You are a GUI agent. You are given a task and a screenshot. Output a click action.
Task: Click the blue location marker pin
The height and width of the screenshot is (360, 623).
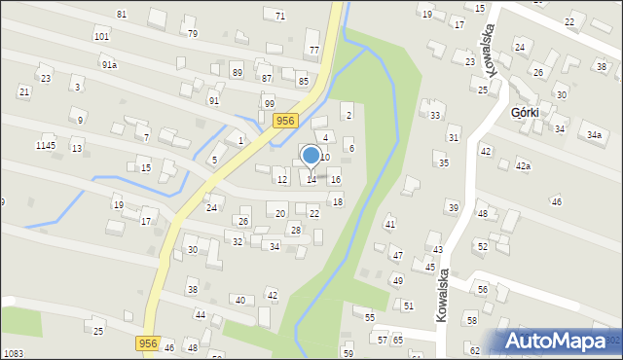pyautogui.click(x=311, y=156)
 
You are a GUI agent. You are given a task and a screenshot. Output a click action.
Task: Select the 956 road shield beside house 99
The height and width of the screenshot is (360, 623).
pyautogui.click(x=284, y=121)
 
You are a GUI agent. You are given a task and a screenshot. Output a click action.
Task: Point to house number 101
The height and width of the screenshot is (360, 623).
pyautogui.click(x=101, y=36)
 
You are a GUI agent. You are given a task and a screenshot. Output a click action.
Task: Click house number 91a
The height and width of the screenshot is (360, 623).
pyautogui.click(x=109, y=64)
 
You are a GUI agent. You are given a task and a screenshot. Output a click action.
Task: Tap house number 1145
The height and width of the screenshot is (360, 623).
pyautogui.click(x=46, y=145)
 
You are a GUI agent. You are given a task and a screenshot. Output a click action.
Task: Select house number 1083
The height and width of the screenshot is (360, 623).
pyautogui.click(x=14, y=353)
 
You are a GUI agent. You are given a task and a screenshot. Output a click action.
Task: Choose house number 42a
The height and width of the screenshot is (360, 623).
pyautogui.click(x=523, y=166)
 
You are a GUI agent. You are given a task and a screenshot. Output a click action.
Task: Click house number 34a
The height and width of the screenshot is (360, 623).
pyautogui.click(x=593, y=135)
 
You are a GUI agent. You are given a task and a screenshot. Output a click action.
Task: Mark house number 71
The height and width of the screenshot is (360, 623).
pyautogui.click(x=279, y=16)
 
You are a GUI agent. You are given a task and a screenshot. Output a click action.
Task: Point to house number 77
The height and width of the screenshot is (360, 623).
pyautogui.click(x=313, y=50)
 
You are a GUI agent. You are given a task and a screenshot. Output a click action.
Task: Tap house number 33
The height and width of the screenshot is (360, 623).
pyautogui.click(x=435, y=115)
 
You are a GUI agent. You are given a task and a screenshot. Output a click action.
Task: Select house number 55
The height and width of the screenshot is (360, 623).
pyautogui.click(x=370, y=317)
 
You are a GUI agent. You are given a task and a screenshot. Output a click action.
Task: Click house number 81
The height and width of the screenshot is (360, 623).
pyautogui.click(x=121, y=14)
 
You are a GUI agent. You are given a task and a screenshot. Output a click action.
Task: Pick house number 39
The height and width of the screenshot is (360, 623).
pyautogui.click(x=453, y=207)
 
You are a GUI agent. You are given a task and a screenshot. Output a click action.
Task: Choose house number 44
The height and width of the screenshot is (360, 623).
pyautogui.click(x=200, y=314)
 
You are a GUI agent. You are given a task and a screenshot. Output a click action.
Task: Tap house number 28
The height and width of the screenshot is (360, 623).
pyautogui.click(x=296, y=230)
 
